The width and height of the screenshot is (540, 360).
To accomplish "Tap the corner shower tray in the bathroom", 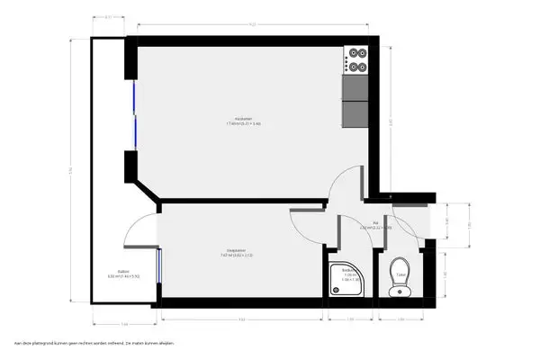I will (x=346, y=280).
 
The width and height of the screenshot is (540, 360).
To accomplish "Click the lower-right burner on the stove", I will (x=363, y=65).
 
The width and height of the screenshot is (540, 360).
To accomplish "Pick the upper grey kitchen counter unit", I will (x=355, y=86).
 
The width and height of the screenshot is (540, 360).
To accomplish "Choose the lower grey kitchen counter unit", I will (x=355, y=113).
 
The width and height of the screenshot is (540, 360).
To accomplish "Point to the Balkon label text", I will (x=112, y=273).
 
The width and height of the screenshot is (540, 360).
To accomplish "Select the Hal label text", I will (x=374, y=226).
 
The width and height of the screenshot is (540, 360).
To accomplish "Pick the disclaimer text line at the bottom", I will (x=93, y=344).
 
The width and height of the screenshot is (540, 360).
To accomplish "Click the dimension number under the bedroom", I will (x=241, y=319).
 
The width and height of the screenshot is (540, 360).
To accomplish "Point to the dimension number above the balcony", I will (x=108, y=17).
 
